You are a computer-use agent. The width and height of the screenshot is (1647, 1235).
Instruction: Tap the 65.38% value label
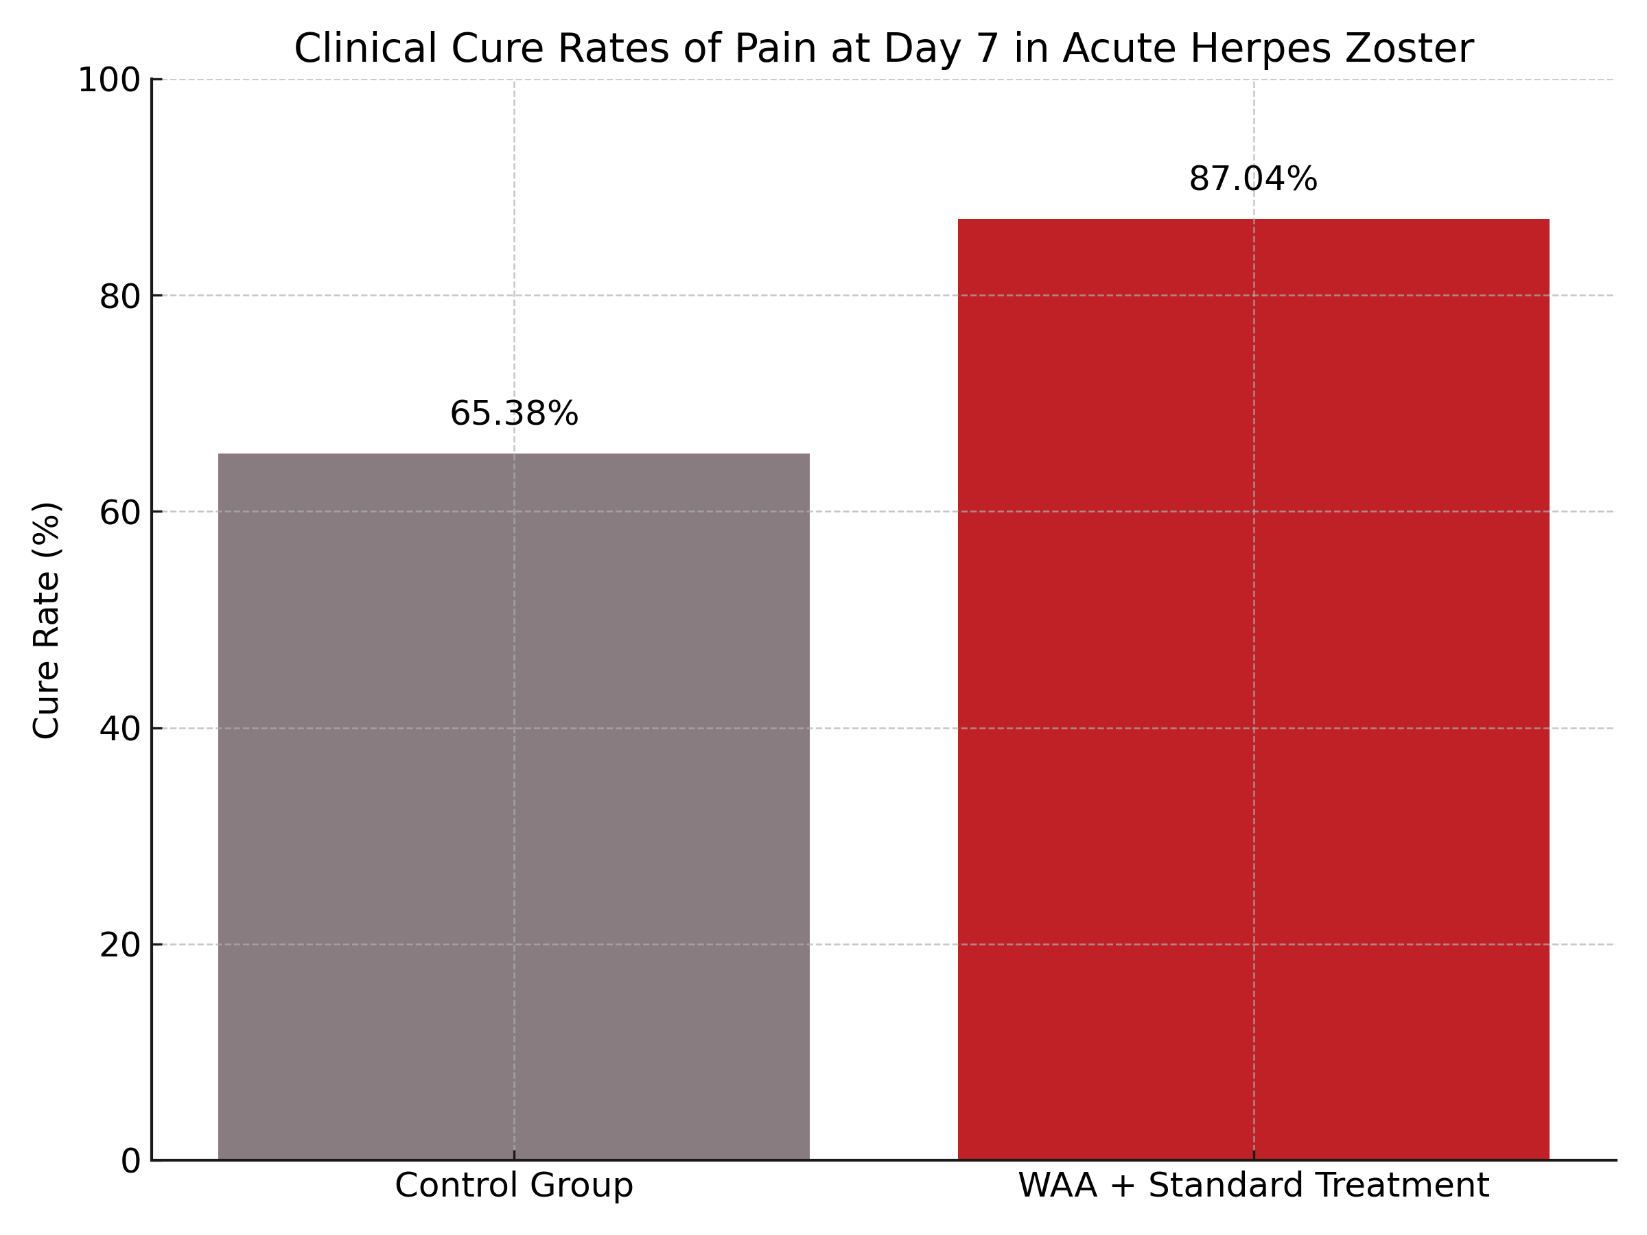point(514,414)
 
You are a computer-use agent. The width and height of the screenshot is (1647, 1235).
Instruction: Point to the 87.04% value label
point(1253,179)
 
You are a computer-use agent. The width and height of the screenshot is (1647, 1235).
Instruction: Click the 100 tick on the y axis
point(109,80)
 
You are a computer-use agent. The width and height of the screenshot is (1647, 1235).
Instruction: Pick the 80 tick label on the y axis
point(120,297)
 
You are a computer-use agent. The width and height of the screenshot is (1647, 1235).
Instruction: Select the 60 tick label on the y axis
point(120,513)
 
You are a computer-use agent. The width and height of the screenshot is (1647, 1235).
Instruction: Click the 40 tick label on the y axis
point(120,729)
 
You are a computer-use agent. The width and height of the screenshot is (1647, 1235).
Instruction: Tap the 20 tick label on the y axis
point(120,945)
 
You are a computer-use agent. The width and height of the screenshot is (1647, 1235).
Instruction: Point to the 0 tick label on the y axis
point(130,1162)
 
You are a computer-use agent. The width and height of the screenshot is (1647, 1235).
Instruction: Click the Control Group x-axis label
point(514,1186)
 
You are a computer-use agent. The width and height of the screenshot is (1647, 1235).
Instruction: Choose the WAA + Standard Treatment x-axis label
point(1253,1186)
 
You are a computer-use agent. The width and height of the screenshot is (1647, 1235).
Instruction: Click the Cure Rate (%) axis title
point(46,620)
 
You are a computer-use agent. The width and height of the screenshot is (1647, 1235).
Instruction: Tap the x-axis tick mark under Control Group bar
point(514,1155)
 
